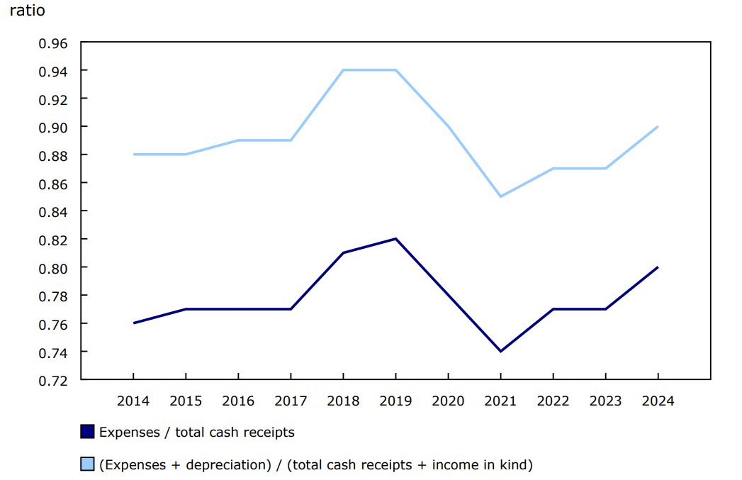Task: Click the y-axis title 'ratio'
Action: point(28,12)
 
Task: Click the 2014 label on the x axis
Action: point(133,401)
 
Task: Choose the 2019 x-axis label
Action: point(395,401)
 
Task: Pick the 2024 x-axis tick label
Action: point(658,401)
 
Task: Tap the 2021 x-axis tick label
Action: point(500,401)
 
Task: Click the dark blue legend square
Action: point(87,431)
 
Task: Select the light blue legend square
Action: point(87,464)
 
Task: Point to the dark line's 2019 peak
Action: point(395,239)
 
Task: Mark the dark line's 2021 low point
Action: point(500,351)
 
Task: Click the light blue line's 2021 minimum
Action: point(500,196)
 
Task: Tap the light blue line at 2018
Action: point(343,70)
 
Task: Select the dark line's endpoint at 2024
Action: point(658,267)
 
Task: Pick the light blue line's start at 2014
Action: point(133,155)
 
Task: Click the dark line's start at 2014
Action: point(133,323)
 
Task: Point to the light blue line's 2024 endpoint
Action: point(658,127)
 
